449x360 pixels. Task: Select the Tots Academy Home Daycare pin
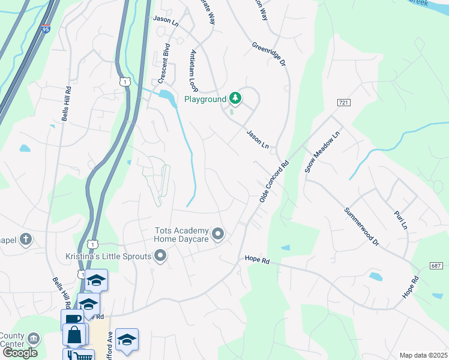(x=218, y=234)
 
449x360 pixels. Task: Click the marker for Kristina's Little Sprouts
(x=160, y=257)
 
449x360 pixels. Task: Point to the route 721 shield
(x=343, y=104)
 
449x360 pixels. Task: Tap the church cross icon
(x=25, y=240)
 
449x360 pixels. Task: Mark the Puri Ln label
(x=400, y=219)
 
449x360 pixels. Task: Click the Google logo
(x=20, y=353)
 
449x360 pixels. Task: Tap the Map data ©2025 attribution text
(x=423, y=355)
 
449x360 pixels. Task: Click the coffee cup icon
(x=71, y=318)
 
